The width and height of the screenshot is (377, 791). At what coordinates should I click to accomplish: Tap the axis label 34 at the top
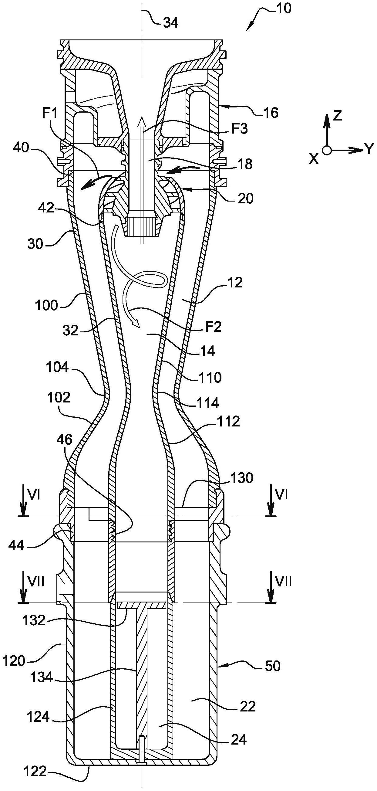click(x=171, y=23)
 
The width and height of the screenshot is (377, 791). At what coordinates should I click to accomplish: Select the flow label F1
click(x=50, y=114)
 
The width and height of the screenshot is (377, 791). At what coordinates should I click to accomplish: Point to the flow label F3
click(x=239, y=129)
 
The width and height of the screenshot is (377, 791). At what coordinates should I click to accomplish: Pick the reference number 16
click(x=271, y=113)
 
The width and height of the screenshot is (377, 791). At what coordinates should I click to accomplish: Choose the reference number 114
click(x=208, y=402)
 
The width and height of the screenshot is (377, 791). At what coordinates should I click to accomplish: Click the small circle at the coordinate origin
click(x=327, y=151)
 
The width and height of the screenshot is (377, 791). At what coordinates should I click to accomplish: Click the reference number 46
click(x=64, y=440)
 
